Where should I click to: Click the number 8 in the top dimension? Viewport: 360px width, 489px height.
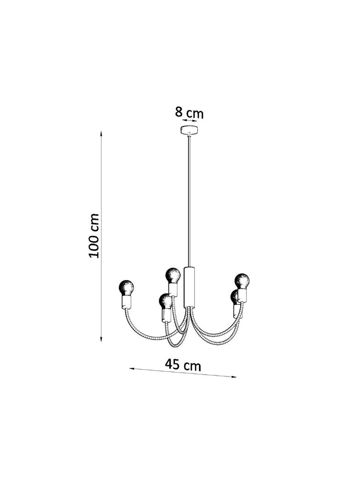[x=179, y=111]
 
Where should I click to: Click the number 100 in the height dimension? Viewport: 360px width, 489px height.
[x=94, y=246]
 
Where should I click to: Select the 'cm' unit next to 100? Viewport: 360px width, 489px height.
[x=94, y=222]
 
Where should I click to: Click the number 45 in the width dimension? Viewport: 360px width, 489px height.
[x=172, y=363]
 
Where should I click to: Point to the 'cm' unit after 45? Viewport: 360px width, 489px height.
[x=192, y=366]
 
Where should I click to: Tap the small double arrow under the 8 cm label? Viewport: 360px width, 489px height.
[x=189, y=120]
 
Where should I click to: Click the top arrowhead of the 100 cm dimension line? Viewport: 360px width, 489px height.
[x=101, y=134]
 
